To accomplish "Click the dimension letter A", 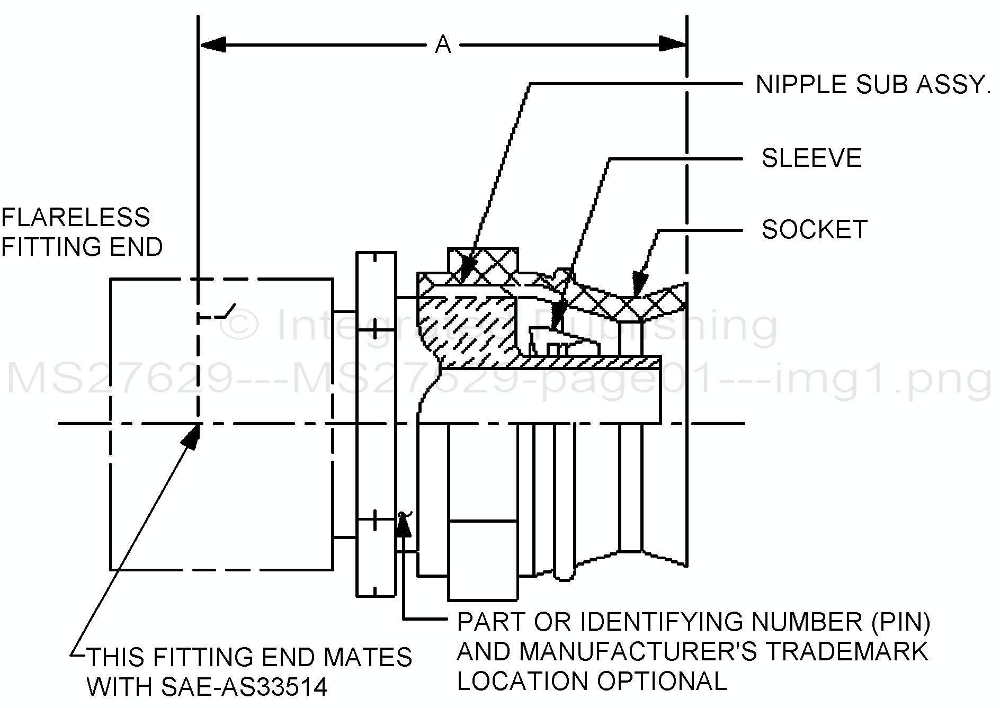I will click(443, 45).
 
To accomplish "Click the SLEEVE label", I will click(811, 158).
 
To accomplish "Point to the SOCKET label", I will click(814, 229).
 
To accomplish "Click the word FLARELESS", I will click(76, 218).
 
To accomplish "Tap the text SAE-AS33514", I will click(243, 687).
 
